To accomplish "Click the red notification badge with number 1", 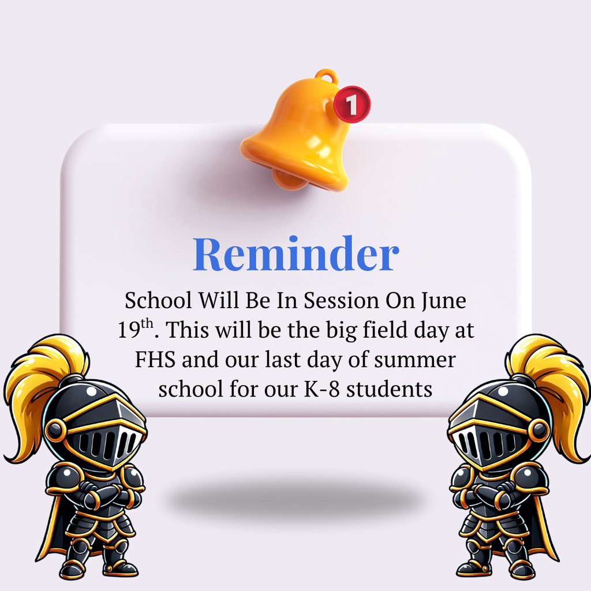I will point(351,104).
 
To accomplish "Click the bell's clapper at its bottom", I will point(288,179).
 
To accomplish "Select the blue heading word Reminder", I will point(295,254).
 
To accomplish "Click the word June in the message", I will point(443,301).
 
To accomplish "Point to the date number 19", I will point(129,331).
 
